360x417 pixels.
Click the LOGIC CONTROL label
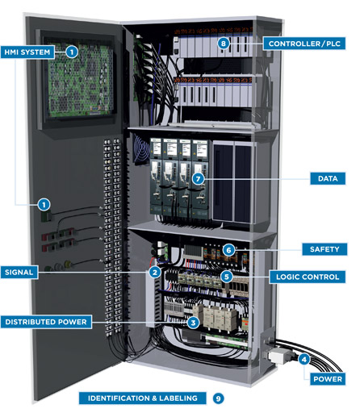pos(311,276)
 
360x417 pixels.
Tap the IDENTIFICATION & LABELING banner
pos(141,398)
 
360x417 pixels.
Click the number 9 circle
pos(217,398)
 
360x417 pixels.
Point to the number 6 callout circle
pos(229,250)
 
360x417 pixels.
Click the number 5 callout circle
pos(227,276)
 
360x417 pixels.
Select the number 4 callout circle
pos(304,359)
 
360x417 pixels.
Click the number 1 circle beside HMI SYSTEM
pos(72,52)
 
